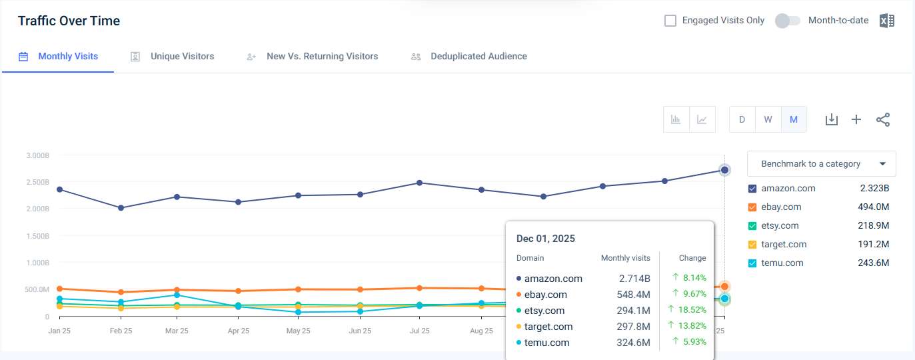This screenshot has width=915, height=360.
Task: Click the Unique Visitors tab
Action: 182,57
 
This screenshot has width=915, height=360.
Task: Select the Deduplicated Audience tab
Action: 478,57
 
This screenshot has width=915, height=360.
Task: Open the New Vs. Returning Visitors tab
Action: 322,57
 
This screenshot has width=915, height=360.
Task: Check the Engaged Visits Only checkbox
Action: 670,21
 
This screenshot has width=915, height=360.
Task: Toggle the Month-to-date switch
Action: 787,21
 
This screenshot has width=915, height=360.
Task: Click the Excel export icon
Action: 886,21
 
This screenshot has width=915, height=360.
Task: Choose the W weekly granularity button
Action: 768,119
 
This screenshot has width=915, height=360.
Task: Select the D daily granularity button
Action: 742,119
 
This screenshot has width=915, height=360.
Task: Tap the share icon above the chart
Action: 883,119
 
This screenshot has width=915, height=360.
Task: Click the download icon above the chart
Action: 831,119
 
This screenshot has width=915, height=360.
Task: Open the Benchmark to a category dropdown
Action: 821,163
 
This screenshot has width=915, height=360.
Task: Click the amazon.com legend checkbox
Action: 753,189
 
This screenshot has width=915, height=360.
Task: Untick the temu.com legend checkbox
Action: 753,263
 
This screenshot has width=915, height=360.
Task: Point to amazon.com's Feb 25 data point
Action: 121,208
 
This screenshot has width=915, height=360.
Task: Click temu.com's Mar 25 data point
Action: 177,295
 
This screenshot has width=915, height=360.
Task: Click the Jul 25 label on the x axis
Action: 419,331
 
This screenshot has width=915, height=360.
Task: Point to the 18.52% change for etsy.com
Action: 689,310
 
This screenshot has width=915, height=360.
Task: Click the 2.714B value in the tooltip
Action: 635,279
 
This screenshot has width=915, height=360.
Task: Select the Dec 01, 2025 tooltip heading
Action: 545,239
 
